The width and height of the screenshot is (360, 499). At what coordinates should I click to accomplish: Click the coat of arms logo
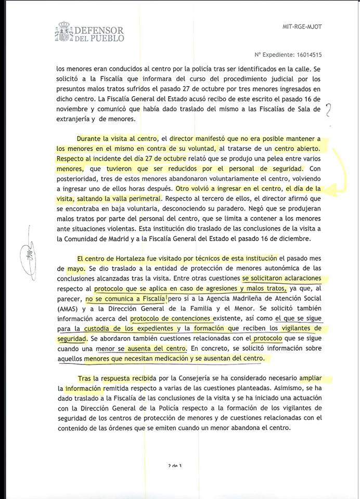[x=64, y=32]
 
